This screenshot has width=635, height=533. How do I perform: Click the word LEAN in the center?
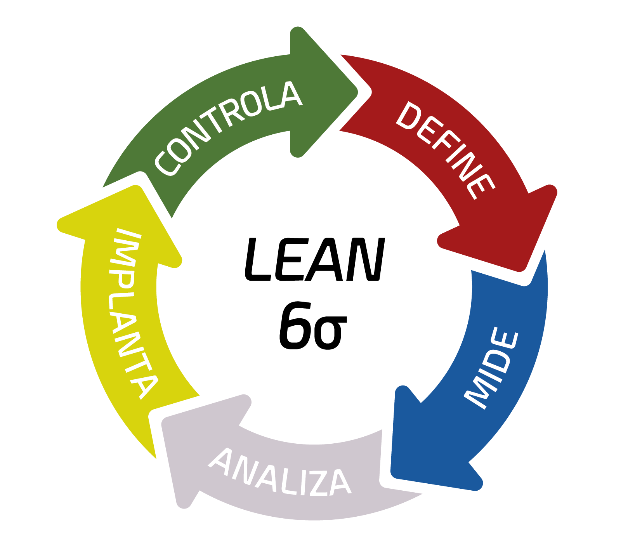tap(315, 259)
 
